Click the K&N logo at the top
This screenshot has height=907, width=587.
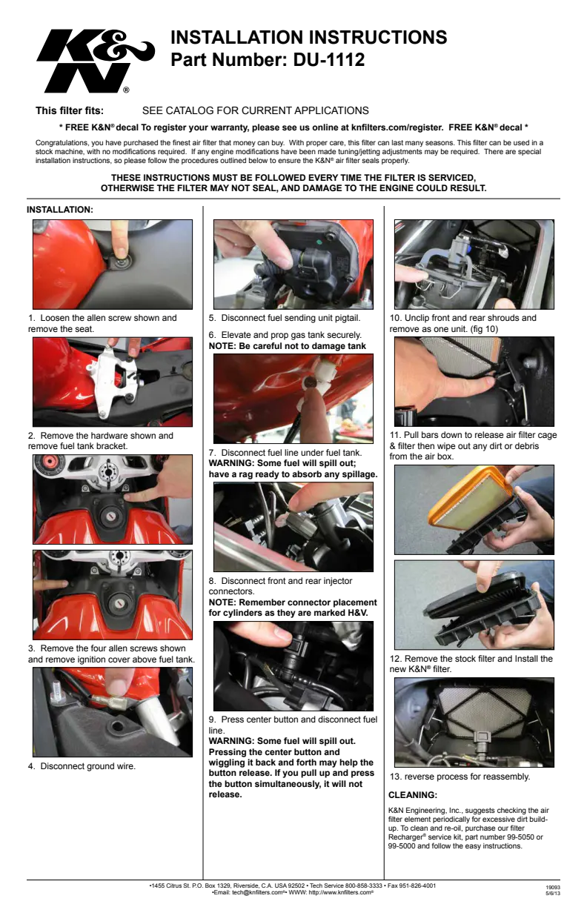click(x=96, y=61)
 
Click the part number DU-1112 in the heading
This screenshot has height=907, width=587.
click(x=328, y=59)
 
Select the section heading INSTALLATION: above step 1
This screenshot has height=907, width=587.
click(x=60, y=210)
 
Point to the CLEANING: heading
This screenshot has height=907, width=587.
click(x=412, y=795)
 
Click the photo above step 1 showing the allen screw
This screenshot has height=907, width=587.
click(x=113, y=265)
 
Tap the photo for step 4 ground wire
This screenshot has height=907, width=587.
click(x=113, y=712)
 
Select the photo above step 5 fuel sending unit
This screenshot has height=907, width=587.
click(x=293, y=265)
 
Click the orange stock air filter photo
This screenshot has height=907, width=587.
click(x=474, y=510)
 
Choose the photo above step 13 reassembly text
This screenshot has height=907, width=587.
click(x=474, y=722)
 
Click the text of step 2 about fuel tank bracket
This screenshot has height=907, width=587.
click(x=101, y=441)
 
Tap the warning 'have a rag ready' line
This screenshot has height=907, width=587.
click(x=293, y=474)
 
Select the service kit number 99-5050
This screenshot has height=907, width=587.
click(x=518, y=837)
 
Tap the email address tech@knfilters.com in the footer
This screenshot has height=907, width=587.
click(x=259, y=892)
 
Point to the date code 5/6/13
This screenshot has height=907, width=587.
click(x=553, y=893)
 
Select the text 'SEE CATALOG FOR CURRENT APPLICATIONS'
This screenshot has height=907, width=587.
click(x=255, y=110)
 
